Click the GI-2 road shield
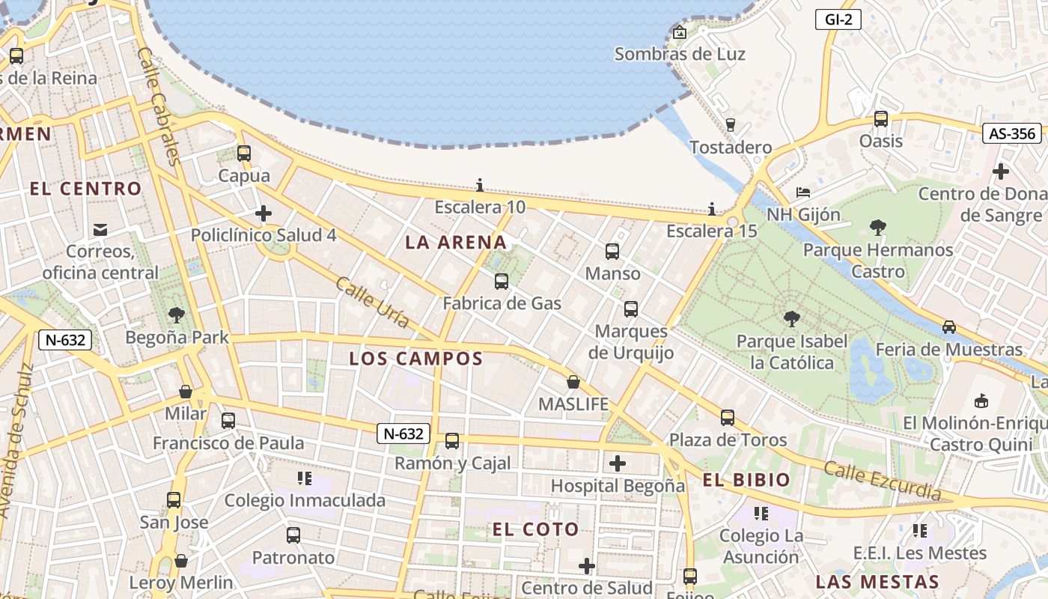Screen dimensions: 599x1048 point(838,19)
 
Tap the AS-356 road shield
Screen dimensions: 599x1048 point(1012,134)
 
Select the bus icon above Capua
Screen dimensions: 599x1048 point(244,153)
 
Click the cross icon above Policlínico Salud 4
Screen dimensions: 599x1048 point(263,213)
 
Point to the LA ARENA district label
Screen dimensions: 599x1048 point(456,243)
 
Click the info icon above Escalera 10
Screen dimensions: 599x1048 point(480,185)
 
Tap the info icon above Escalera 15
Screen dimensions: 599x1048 point(712,208)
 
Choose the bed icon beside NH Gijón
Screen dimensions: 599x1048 point(803,192)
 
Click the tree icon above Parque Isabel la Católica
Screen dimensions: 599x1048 point(791,319)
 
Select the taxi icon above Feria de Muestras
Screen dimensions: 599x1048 point(948,326)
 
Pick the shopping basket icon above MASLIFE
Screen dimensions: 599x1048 point(573,382)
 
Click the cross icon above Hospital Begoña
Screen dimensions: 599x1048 point(618,463)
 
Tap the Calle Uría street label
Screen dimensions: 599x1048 point(372,302)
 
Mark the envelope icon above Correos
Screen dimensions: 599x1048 point(100,229)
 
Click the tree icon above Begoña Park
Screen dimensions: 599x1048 point(177,314)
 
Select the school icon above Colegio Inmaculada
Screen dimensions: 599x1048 point(304,478)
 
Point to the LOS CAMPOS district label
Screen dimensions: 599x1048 point(416,359)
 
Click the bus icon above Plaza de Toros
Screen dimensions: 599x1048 point(728,417)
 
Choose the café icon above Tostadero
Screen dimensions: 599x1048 point(731,124)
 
